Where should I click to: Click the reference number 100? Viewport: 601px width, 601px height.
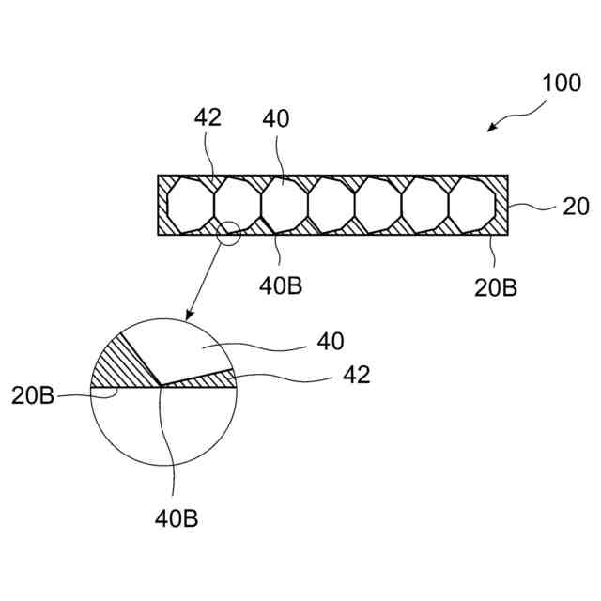562,83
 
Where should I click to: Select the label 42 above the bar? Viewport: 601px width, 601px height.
208,118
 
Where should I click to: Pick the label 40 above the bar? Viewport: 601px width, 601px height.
276,118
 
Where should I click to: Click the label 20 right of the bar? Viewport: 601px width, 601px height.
575,206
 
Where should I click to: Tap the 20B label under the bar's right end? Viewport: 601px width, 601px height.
495,287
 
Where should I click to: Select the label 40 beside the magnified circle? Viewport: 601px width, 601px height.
331,341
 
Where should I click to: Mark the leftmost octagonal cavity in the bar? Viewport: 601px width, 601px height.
191,204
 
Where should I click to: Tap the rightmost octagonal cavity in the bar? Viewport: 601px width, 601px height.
472,204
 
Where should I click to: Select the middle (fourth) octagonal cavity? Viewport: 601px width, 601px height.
331,204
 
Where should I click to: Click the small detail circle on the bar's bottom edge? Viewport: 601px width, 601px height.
228,232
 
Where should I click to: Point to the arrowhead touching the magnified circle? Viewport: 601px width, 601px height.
188,316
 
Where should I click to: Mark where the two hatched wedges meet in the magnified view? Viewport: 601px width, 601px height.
161,385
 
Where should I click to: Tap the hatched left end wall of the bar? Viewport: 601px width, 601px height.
162,205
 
